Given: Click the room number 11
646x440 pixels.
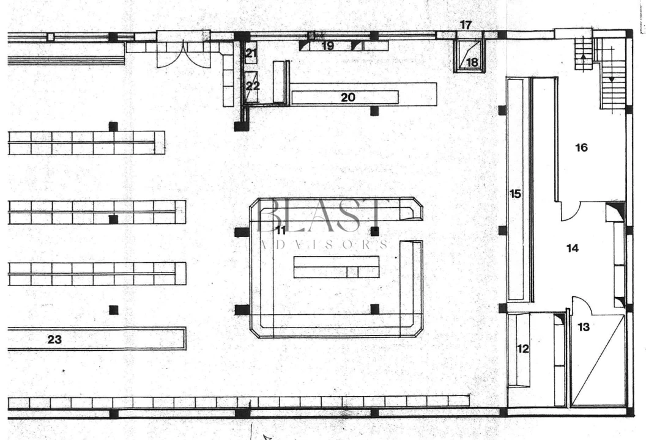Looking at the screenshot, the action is (281, 230).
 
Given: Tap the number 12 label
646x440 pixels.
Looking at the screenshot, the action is (523, 349).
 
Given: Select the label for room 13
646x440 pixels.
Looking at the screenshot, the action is (584, 327).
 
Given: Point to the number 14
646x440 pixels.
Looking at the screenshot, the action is (573, 248).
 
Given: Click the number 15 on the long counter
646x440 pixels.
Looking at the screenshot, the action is (516, 194).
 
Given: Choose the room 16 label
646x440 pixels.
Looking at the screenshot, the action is (581, 147).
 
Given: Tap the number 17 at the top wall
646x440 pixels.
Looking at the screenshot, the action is (466, 24).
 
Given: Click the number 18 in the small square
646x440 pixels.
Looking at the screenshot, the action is (472, 62).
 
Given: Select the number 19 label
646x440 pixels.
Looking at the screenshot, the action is (327, 46).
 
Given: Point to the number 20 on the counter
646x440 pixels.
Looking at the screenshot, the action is (348, 97).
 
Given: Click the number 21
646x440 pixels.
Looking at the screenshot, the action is (251, 53).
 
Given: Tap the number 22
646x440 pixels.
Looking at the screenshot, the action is (253, 86).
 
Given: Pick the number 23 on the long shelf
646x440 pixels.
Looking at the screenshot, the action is (55, 339).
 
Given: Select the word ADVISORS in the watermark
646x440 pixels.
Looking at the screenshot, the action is (324, 244).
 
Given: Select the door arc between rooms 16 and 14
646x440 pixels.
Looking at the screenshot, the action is (571, 211).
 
